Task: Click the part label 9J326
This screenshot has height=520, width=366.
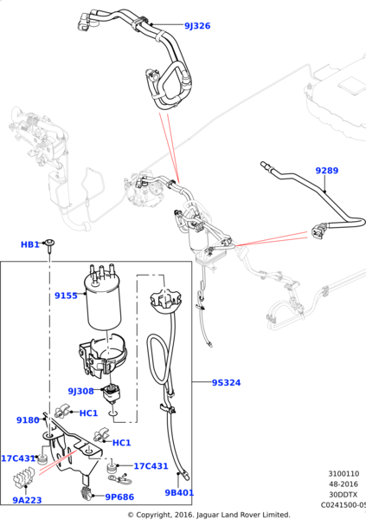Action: click(x=197, y=26)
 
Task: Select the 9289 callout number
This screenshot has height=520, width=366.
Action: click(x=326, y=171)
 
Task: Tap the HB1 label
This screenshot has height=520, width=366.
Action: click(x=30, y=245)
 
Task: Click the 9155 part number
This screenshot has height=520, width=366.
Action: click(x=66, y=296)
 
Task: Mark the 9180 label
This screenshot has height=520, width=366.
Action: click(x=28, y=420)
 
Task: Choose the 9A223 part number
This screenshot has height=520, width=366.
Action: click(x=28, y=500)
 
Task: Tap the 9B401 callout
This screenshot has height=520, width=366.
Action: click(x=181, y=492)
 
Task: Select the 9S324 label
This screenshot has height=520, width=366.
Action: click(x=227, y=381)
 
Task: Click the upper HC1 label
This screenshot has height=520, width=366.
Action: click(x=89, y=413)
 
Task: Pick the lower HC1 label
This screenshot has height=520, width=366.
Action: click(x=121, y=443)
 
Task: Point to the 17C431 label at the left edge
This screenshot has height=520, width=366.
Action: click(x=17, y=458)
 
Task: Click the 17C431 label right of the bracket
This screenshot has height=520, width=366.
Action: click(x=151, y=466)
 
